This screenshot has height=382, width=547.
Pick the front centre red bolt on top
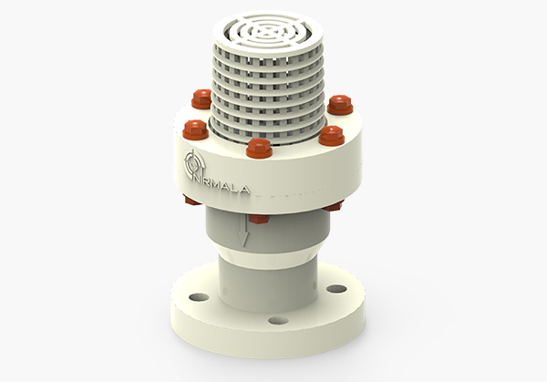pos(260,149)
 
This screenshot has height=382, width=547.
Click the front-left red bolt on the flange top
pos(195,129)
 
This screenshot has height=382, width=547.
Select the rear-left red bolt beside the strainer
pos(202,98)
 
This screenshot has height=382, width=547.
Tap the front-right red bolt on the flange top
pos(331,136)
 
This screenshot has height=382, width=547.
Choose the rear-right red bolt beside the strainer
pos(339,103)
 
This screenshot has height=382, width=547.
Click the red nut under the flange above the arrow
pos(259,218)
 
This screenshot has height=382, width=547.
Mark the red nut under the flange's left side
pos(191,201)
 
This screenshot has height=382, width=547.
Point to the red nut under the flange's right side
pos(332,205)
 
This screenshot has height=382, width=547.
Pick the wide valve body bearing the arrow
pos(273,232)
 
